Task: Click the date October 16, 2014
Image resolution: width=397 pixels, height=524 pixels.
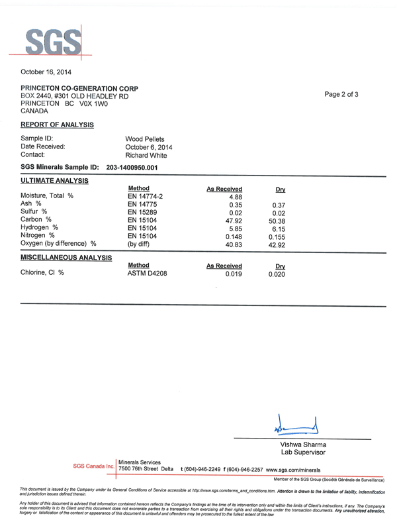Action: pos(46,72)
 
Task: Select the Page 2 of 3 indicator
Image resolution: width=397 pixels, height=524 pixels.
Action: pos(341,94)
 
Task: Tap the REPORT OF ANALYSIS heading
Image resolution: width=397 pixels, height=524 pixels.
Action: pos(57,125)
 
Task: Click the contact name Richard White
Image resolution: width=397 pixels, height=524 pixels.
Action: pos(148,155)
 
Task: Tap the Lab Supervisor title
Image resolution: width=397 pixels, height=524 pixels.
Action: pos(303,452)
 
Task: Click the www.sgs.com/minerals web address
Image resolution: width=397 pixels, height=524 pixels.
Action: pos(298,469)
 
